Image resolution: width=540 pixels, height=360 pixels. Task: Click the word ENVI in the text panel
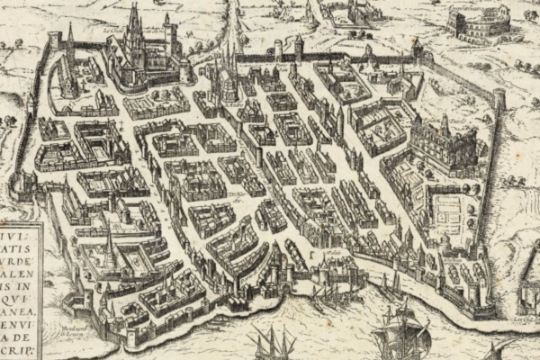15,319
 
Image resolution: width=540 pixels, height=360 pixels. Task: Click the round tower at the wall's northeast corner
498,97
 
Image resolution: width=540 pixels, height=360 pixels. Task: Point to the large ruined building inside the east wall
443,144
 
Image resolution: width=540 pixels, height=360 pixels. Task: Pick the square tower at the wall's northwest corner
55,40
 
